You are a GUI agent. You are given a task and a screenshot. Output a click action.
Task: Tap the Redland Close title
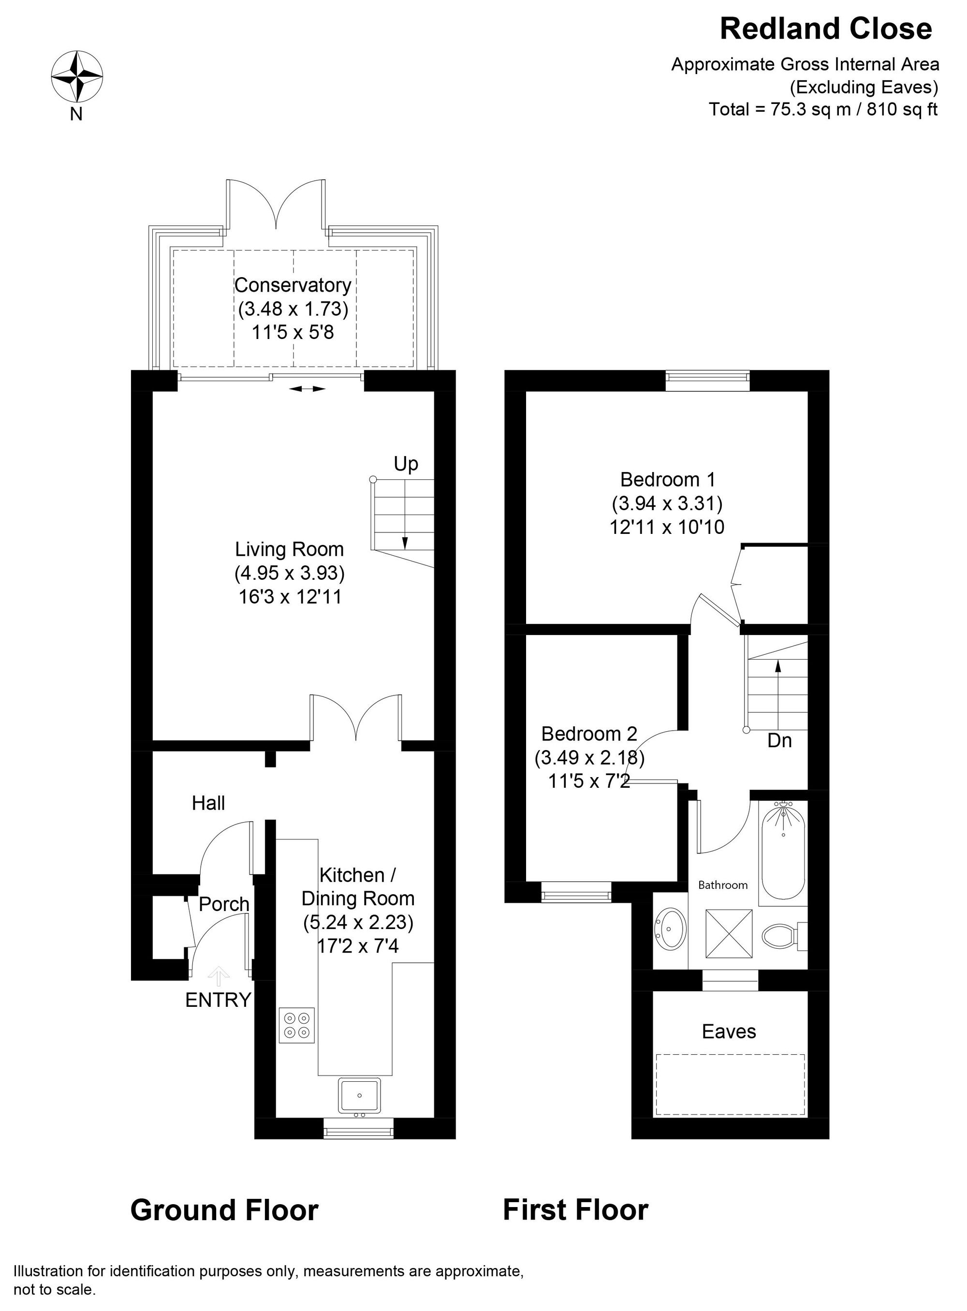pyautogui.click(x=825, y=29)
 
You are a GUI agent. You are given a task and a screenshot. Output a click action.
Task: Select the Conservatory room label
pyautogui.click(x=293, y=285)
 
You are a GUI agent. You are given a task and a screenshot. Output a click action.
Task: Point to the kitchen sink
pyautogui.click(x=359, y=1095)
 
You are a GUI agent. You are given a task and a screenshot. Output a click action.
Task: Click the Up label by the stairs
pyautogui.click(x=406, y=464)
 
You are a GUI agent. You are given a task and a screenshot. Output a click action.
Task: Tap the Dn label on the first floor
pyautogui.click(x=780, y=741)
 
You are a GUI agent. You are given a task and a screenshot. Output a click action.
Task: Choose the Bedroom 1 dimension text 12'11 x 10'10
pyautogui.click(x=667, y=528)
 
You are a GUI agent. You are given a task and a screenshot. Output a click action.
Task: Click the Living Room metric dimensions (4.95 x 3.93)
pyautogui.click(x=290, y=573)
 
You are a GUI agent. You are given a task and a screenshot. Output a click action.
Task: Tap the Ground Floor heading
pyautogui.click(x=224, y=1210)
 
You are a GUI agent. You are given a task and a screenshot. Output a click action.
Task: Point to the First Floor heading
pyautogui.click(x=575, y=1210)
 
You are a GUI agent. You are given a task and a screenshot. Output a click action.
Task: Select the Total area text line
pyautogui.click(x=823, y=109)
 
